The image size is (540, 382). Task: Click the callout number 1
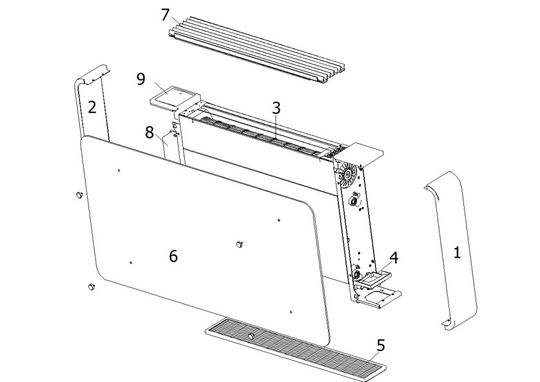click(x=457, y=253)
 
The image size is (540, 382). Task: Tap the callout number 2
click(x=92, y=107)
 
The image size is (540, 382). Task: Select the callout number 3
click(x=276, y=108)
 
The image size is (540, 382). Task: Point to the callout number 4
click(x=393, y=258)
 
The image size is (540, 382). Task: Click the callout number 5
click(x=381, y=345)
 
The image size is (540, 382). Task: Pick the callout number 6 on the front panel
click(x=173, y=256)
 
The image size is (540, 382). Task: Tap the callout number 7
click(x=166, y=14)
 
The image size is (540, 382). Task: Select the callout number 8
click(x=149, y=133)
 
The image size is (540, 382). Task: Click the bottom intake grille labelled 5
click(x=303, y=351)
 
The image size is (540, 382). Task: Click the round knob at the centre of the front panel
click(x=240, y=244)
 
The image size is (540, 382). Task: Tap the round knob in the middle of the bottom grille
click(x=251, y=336)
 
